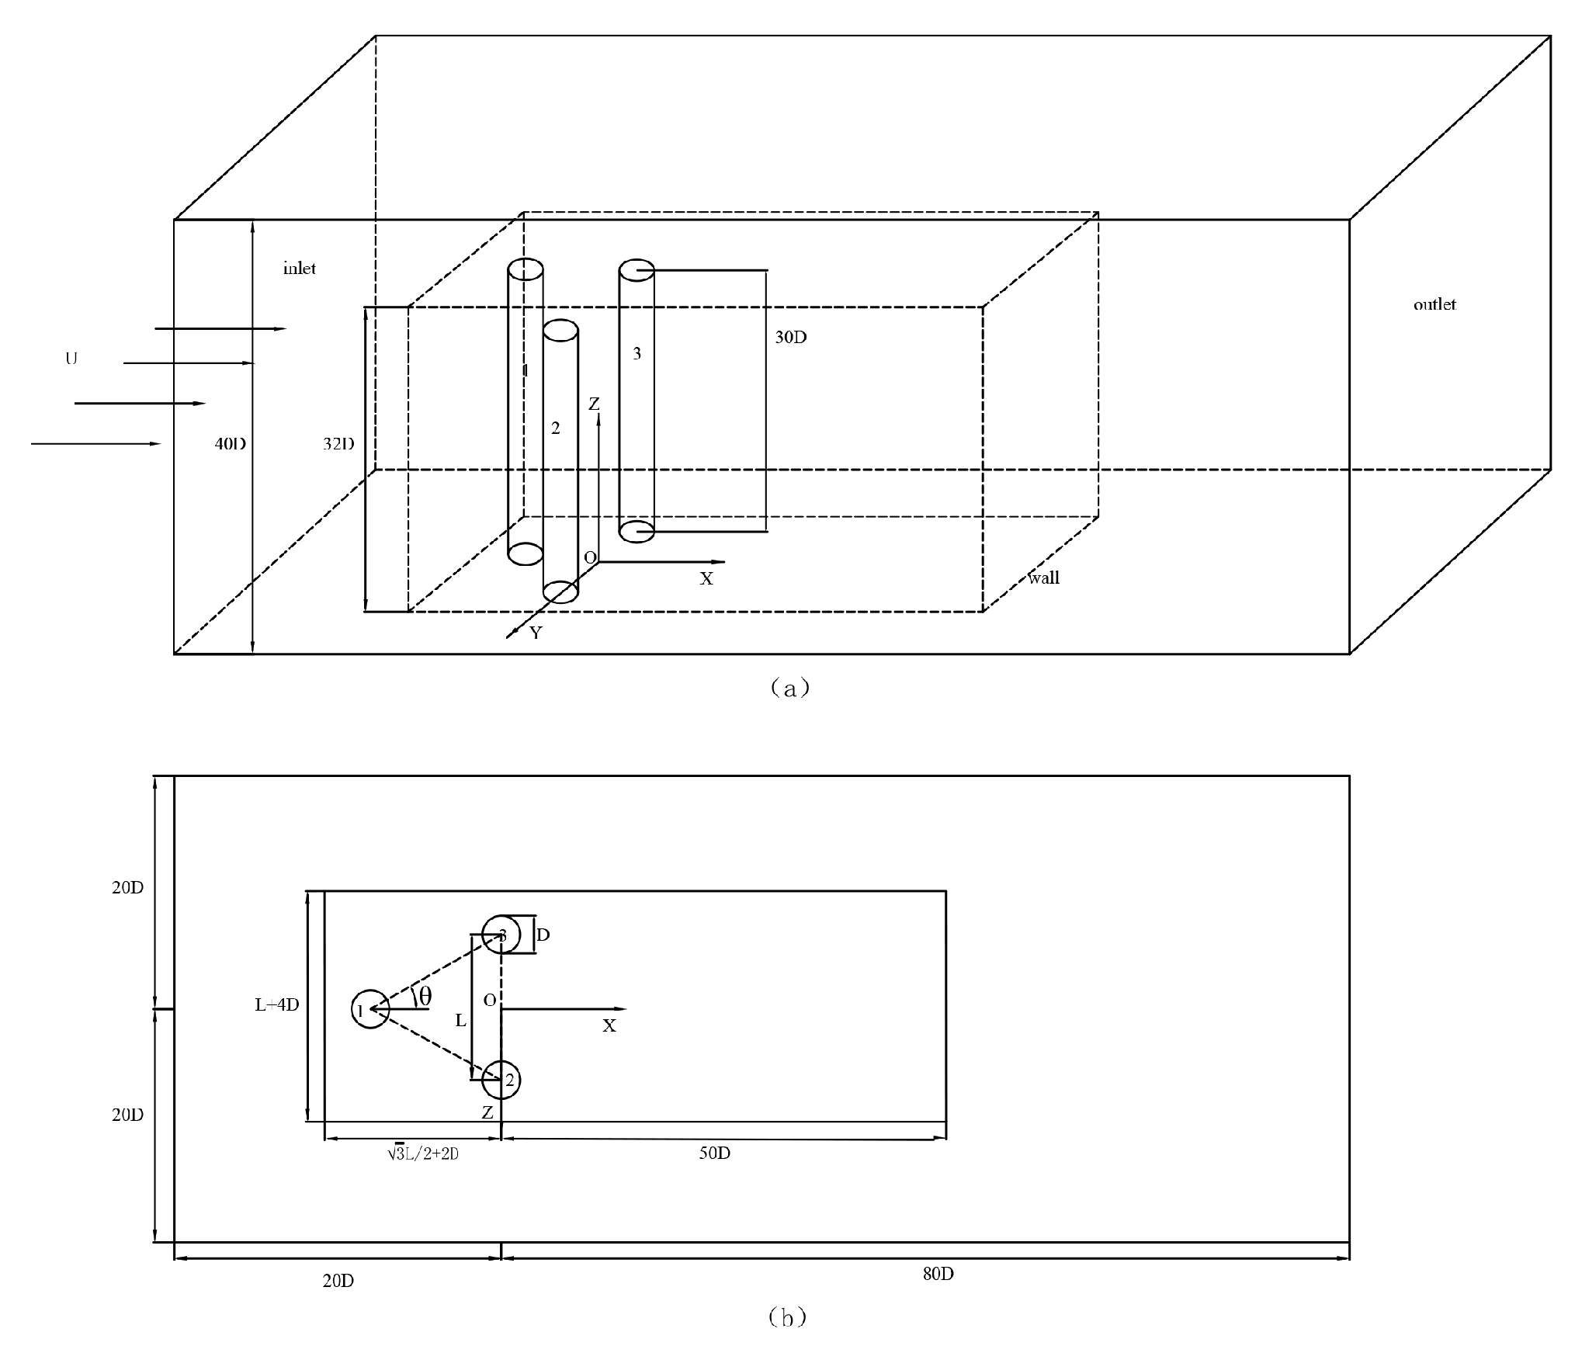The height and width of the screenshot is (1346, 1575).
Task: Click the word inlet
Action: [299, 269]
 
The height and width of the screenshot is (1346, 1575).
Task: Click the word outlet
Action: [1434, 304]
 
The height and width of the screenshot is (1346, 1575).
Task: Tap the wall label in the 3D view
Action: [1043, 578]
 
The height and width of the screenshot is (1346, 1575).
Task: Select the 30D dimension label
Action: [790, 338]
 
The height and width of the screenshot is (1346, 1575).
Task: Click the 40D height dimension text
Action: [231, 444]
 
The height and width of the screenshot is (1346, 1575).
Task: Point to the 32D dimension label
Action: [338, 444]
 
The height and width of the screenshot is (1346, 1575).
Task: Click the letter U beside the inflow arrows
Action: [71, 359]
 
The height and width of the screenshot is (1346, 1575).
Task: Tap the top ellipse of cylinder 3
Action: [637, 271]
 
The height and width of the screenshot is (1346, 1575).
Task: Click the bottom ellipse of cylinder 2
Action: [560, 591]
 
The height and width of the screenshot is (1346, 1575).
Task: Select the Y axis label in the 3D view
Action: [536, 633]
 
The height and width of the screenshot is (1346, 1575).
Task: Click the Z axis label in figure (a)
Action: [594, 404]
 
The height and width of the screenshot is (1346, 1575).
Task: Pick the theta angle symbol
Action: [425, 996]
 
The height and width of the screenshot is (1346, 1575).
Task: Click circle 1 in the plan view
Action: [369, 1009]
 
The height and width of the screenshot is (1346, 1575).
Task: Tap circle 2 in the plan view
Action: [501, 1080]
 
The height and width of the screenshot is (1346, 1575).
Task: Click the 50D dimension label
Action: [714, 1153]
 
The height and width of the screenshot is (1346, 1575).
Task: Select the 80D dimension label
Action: [938, 1275]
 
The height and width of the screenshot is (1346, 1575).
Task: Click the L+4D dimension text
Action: [276, 1004]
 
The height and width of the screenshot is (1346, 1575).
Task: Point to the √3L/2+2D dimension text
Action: [423, 1153]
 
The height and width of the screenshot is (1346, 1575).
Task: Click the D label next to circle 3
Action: [543, 935]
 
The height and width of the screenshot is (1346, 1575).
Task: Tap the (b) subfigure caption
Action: [787, 1317]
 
